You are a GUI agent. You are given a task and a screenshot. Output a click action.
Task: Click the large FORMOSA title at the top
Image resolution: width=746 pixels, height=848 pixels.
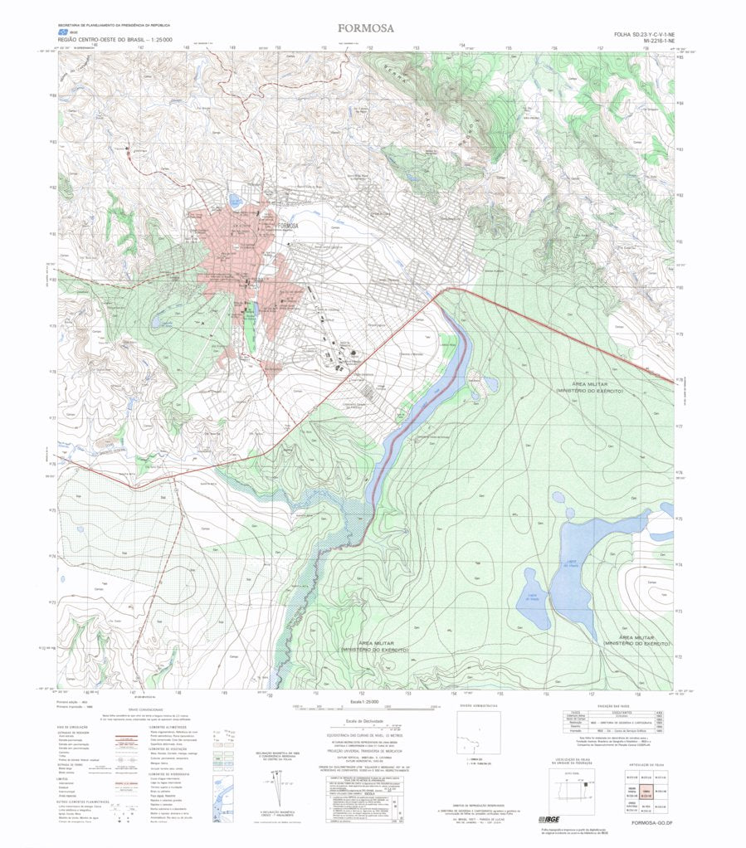366,28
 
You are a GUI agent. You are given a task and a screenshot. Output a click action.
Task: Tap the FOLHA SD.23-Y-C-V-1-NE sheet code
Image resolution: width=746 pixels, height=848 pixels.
644,33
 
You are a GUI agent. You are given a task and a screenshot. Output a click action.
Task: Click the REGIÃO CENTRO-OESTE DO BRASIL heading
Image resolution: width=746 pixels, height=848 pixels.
115,39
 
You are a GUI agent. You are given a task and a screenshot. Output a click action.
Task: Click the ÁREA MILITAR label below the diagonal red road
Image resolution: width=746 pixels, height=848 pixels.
590,387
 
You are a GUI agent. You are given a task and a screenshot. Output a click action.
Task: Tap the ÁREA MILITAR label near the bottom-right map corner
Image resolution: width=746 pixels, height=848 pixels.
637,641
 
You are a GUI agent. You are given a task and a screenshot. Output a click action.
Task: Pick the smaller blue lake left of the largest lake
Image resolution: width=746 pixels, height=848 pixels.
532,600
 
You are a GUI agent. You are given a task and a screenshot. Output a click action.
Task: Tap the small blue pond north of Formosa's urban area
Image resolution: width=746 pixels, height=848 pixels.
235,200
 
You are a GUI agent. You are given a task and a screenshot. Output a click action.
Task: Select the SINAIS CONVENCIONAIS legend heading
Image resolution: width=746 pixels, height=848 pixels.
144,710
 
